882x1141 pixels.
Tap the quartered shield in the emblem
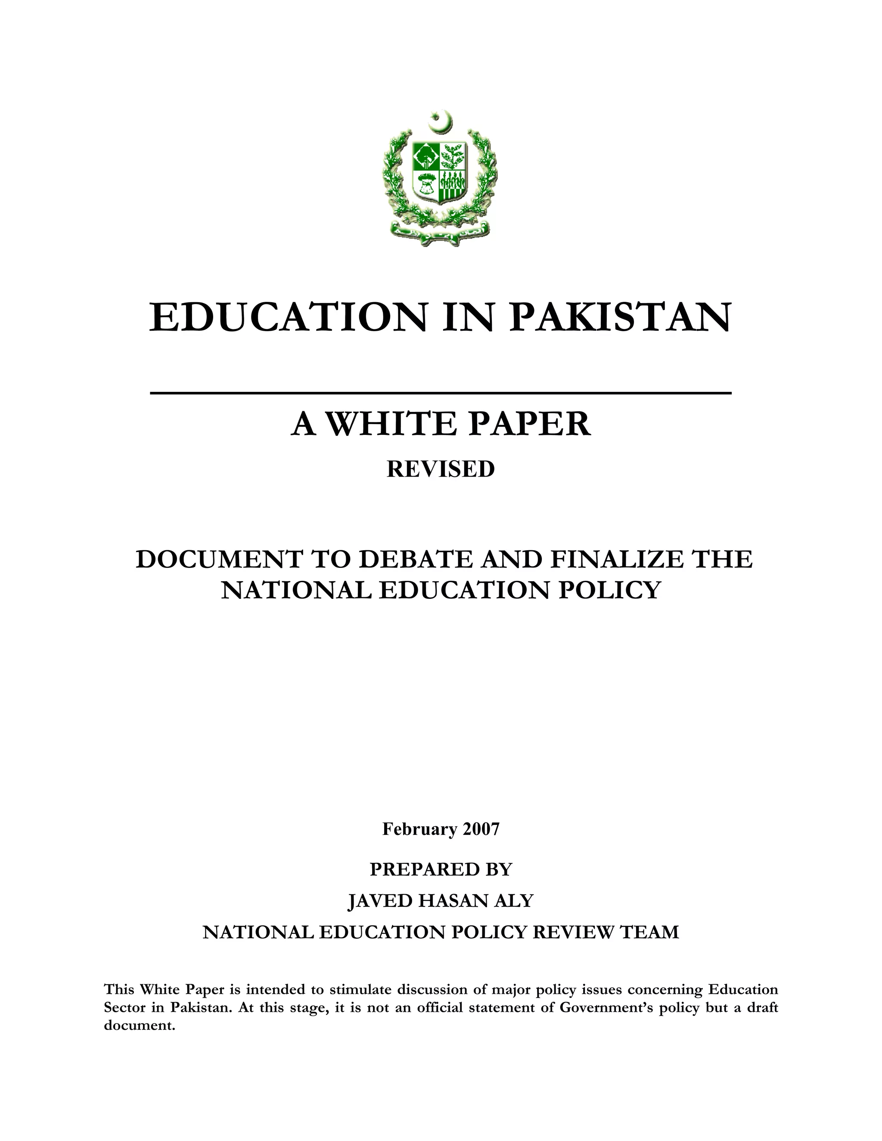tap(439, 172)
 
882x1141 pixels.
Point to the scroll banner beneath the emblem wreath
tap(441, 233)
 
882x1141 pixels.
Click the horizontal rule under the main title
tap(441, 392)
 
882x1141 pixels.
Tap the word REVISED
tap(441, 469)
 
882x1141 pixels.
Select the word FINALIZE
tap(617, 560)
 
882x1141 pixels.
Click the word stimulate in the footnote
tap(360, 989)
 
